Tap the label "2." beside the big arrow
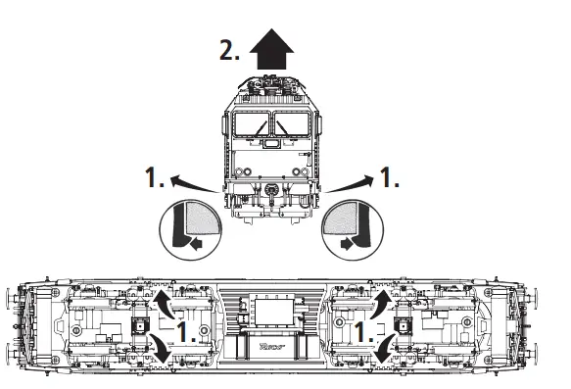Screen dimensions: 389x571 point(231,52)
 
